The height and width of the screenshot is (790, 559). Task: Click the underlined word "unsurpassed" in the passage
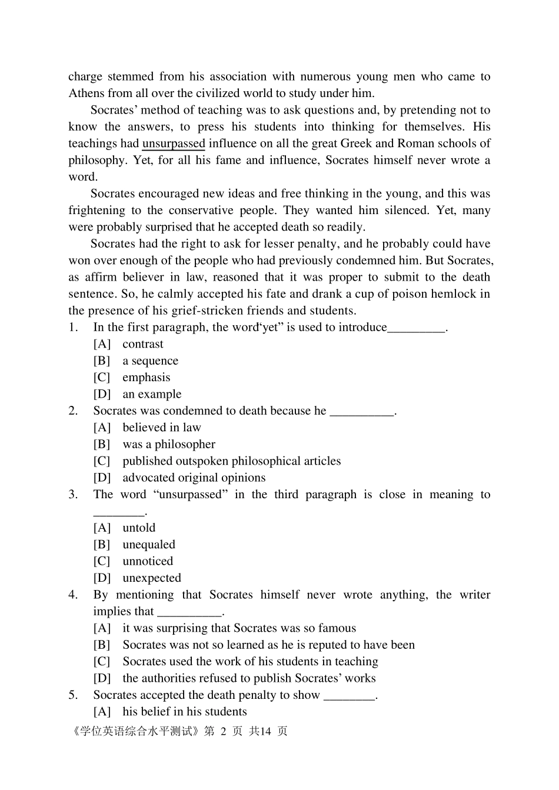tap(174, 144)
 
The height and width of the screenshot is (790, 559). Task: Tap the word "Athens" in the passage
tap(86, 93)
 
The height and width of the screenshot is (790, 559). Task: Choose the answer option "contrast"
tap(143, 344)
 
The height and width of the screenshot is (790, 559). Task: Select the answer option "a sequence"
tap(150, 361)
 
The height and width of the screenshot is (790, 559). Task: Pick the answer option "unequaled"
tap(149, 545)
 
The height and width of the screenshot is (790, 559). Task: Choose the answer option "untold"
tap(139, 528)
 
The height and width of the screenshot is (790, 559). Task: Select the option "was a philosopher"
tap(169, 444)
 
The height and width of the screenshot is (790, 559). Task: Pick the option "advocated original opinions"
tap(194, 478)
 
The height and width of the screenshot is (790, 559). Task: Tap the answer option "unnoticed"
tap(148, 561)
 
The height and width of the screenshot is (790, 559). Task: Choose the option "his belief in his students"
tap(185, 712)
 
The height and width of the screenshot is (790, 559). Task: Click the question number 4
tap(73, 595)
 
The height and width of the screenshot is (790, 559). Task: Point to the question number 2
tap(73, 411)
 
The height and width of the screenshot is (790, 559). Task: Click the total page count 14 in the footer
tap(265, 731)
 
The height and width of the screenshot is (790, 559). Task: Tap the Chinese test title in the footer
tap(135, 731)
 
